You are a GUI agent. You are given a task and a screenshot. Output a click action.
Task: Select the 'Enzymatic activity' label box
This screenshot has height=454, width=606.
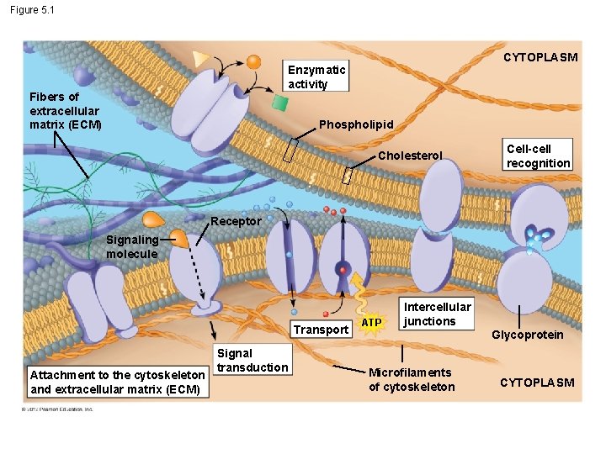(316, 76)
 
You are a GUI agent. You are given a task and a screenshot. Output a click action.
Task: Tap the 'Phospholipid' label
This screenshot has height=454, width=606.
(356, 124)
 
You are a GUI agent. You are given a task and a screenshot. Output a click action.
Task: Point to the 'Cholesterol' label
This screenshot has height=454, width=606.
(410, 156)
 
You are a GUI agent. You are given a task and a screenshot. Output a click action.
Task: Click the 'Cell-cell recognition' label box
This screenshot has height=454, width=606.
(538, 156)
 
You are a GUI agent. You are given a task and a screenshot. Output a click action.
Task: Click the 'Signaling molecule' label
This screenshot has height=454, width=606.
(131, 246)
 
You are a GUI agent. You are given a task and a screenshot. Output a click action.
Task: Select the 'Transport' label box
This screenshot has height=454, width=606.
(320, 330)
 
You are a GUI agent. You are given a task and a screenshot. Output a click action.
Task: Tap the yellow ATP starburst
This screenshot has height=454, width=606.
(370, 321)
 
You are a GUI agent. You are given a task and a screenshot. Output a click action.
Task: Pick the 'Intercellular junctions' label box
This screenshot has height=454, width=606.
(437, 314)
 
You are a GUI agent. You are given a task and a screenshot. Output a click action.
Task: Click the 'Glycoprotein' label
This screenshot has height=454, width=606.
(528, 335)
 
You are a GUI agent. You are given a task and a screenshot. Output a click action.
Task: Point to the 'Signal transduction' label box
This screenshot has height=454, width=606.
(252, 360)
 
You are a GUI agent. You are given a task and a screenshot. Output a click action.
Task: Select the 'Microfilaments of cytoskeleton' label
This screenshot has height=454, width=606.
(412, 379)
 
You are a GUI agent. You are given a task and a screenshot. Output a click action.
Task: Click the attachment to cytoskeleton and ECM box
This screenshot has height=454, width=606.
(117, 382)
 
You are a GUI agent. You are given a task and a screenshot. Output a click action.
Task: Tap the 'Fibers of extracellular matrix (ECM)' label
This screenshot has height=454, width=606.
(65, 110)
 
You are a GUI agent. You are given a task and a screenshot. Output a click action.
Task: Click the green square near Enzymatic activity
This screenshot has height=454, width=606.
(280, 103)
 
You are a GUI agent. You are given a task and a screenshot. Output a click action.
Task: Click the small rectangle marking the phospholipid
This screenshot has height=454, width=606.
(290, 150)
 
